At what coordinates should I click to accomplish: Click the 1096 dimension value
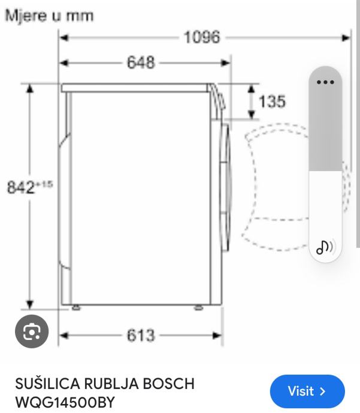click(x=202, y=37)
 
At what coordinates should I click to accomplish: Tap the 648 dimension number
click(x=141, y=62)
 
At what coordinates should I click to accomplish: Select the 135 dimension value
click(x=272, y=101)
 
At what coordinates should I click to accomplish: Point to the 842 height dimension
click(x=29, y=187)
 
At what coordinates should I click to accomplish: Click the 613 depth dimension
click(x=141, y=335)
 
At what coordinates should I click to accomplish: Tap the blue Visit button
click(x=307, y=391)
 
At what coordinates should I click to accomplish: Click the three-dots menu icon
click(x=325, y=82)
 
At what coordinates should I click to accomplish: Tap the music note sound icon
click(x=325, y=247)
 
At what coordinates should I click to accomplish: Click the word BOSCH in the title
click(x=169, y=384)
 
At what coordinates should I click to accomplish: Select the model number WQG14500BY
click(x=65, y=402)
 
